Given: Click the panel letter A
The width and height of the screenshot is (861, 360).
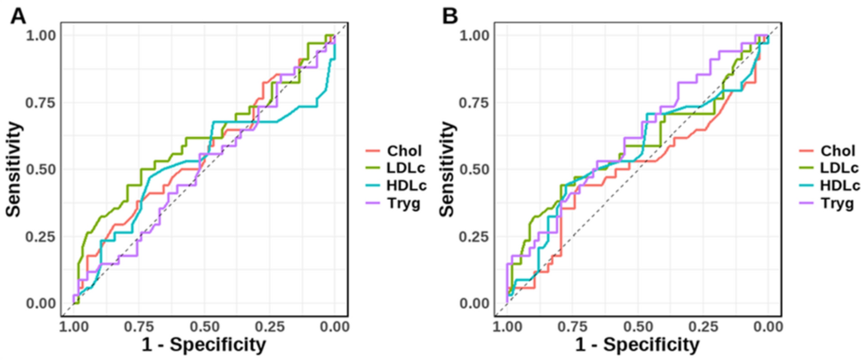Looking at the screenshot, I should tap(19, 16).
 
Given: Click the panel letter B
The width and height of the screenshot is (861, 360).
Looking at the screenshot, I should tap(451, 16).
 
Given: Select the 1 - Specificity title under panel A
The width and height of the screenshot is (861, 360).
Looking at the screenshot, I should tap(204, 344).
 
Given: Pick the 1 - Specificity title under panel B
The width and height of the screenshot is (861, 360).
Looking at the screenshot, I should tap(637, 344).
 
